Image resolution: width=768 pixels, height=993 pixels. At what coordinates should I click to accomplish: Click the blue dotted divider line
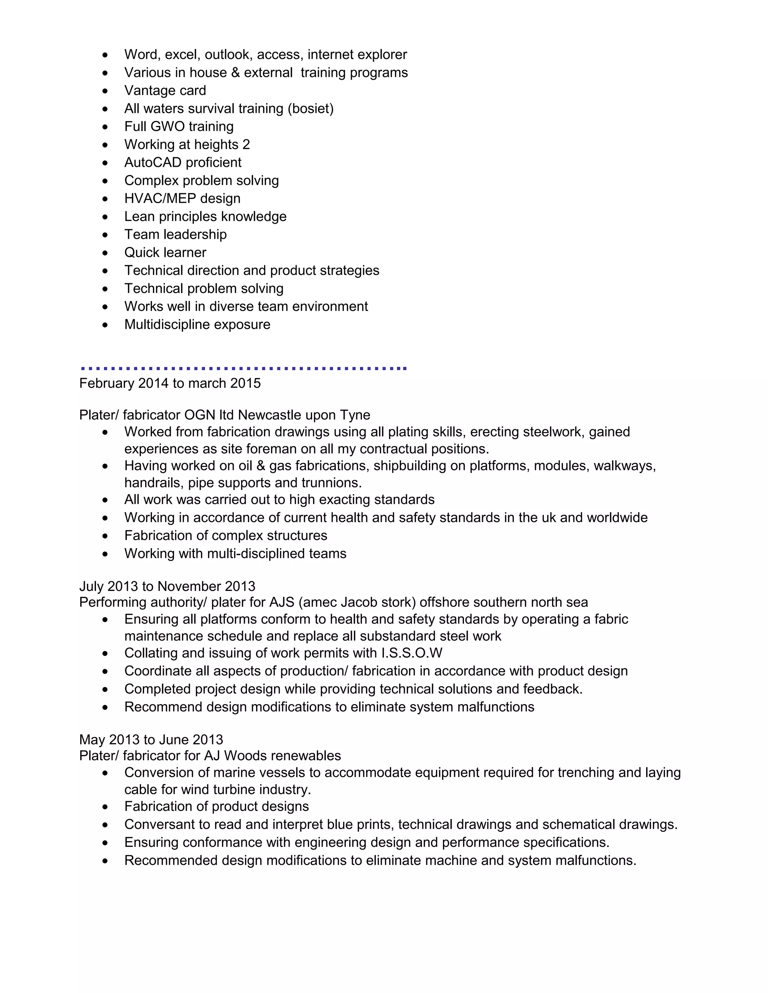243,368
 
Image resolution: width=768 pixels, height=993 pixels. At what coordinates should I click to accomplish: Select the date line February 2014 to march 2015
170,383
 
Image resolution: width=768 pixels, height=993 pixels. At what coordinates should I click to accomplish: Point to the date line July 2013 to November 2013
167,586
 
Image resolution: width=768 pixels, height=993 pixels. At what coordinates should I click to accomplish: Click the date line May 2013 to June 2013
151,739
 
